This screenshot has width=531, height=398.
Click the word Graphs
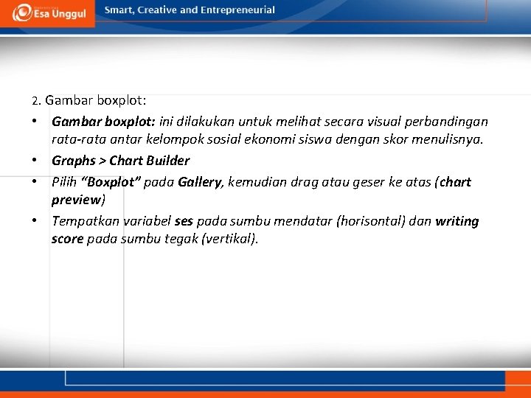[74, 161]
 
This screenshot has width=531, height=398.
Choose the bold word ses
[184, 221]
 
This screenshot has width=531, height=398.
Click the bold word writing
[457, 221]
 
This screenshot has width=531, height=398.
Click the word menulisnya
[451, 139]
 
